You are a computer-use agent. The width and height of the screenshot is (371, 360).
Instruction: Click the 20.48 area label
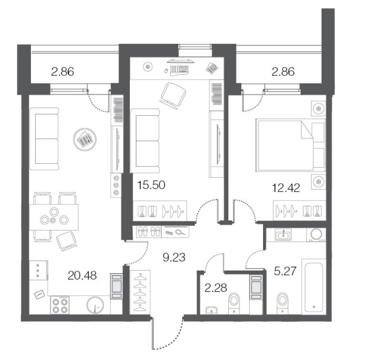(x=82, y=276)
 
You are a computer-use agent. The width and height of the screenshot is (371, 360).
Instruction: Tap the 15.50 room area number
(x=151, y=185)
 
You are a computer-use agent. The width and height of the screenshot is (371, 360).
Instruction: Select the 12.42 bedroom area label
(x=286, y=188)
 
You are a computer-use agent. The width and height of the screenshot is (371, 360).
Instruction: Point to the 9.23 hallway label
(x=174, y=257)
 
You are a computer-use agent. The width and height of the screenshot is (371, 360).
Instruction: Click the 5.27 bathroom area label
(x=285, y=271)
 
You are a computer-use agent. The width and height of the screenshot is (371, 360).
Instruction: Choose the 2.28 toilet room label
(x=215, y=288)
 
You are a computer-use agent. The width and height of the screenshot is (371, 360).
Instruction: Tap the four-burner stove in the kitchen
(x=60, y=305)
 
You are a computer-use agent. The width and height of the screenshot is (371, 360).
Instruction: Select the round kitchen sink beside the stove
(x=95, y=305)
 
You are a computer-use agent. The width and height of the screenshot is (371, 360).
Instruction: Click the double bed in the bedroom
(x=290, y=145)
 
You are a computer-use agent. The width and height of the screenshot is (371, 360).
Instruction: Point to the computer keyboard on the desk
(x=179, y=70)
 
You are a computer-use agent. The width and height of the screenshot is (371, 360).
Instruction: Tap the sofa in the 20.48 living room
(x=44, y=139)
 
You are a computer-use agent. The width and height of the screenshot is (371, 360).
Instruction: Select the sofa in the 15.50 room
(x=145, y=141)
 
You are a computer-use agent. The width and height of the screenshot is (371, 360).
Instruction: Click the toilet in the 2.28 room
(x=234, y=303)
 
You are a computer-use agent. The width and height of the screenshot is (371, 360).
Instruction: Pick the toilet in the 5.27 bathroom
(x=283, y=303)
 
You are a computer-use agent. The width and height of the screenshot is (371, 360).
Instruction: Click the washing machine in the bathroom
(x=316, y=235)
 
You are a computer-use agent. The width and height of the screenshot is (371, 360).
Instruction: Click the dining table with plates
(x=54, y=217)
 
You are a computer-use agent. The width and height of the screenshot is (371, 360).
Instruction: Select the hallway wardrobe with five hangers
(x=139, y=292)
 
